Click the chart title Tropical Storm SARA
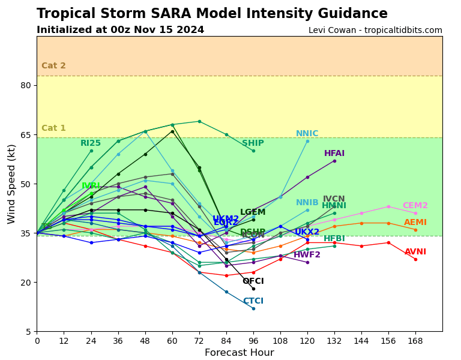(x=212, y=14)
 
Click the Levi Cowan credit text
(x=375, y=30)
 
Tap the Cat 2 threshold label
(x=53, y=66)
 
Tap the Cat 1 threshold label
(x=53, y=128)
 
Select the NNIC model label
(x=307, y=134)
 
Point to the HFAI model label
(x=334, y=154)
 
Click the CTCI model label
(x=253, y=301)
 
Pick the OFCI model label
(x=253, y=281)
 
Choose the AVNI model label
(x=415, y=252)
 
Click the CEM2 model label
(x=415, y=206)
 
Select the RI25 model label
(x=91, y=143)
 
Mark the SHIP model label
(x=253, y=143)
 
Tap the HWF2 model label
(x=307, y=255)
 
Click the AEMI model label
(x=415, y=223)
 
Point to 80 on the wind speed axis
(x=25, y=85)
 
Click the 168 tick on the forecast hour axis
(x=415, y=341)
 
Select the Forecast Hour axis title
(x=239, y=353)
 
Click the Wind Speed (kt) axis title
(x=12, y=184)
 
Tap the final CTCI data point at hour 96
(x=253, y=308)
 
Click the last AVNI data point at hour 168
(x=415, y=259)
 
